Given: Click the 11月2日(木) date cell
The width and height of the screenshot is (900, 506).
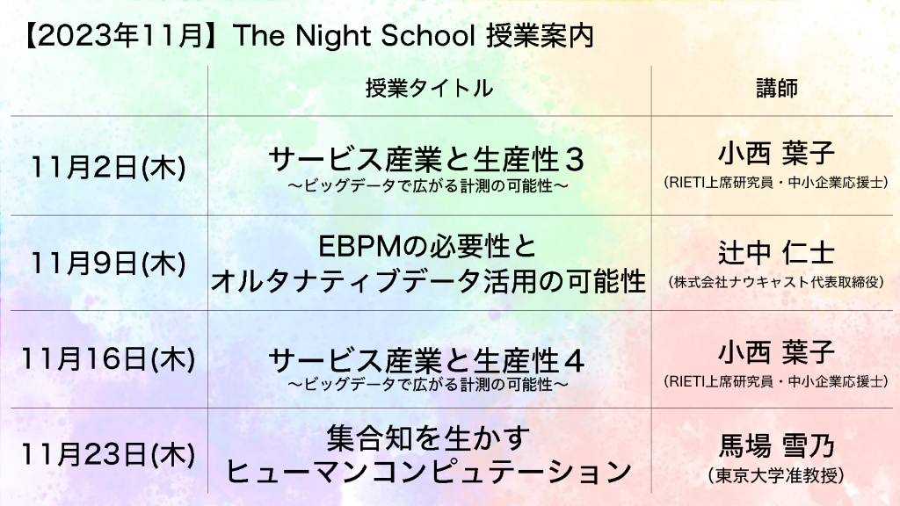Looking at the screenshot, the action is tap(108, 168).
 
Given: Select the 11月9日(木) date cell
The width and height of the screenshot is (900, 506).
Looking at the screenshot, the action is tap(108, 264).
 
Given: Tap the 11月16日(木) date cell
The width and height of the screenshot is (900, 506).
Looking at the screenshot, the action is tap(108, 359).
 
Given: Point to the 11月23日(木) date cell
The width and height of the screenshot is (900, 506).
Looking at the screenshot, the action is tap(108, 455).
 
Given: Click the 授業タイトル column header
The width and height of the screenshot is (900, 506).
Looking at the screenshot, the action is tap(429, 89).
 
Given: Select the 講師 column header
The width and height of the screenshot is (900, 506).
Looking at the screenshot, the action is tap(777, 89).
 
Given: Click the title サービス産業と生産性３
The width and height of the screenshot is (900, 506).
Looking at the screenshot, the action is tap(426, 160).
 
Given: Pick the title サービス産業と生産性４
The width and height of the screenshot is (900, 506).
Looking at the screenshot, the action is tap(426, 361).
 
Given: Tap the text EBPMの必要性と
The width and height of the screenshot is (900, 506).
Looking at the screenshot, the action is tap(428, 247).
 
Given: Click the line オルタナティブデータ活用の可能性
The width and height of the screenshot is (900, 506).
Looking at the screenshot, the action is tap(428, 281).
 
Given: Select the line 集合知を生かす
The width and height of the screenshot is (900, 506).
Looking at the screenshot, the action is tap(428, 438).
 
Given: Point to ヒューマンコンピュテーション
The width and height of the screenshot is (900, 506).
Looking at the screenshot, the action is tap(428, 472).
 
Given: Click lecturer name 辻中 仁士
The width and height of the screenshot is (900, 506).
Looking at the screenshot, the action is tap(777, 252).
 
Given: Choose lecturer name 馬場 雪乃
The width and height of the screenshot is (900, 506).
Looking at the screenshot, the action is tap(777, 445).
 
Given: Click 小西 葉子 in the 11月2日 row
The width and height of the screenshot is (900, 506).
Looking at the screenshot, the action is tap(777, 153).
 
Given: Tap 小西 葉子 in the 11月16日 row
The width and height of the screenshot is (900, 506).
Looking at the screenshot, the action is tap(777, 351).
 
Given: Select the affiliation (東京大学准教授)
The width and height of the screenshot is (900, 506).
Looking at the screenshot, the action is tap(777, 475).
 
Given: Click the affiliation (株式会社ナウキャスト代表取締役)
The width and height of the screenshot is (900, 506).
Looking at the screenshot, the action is tap(777, 282).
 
